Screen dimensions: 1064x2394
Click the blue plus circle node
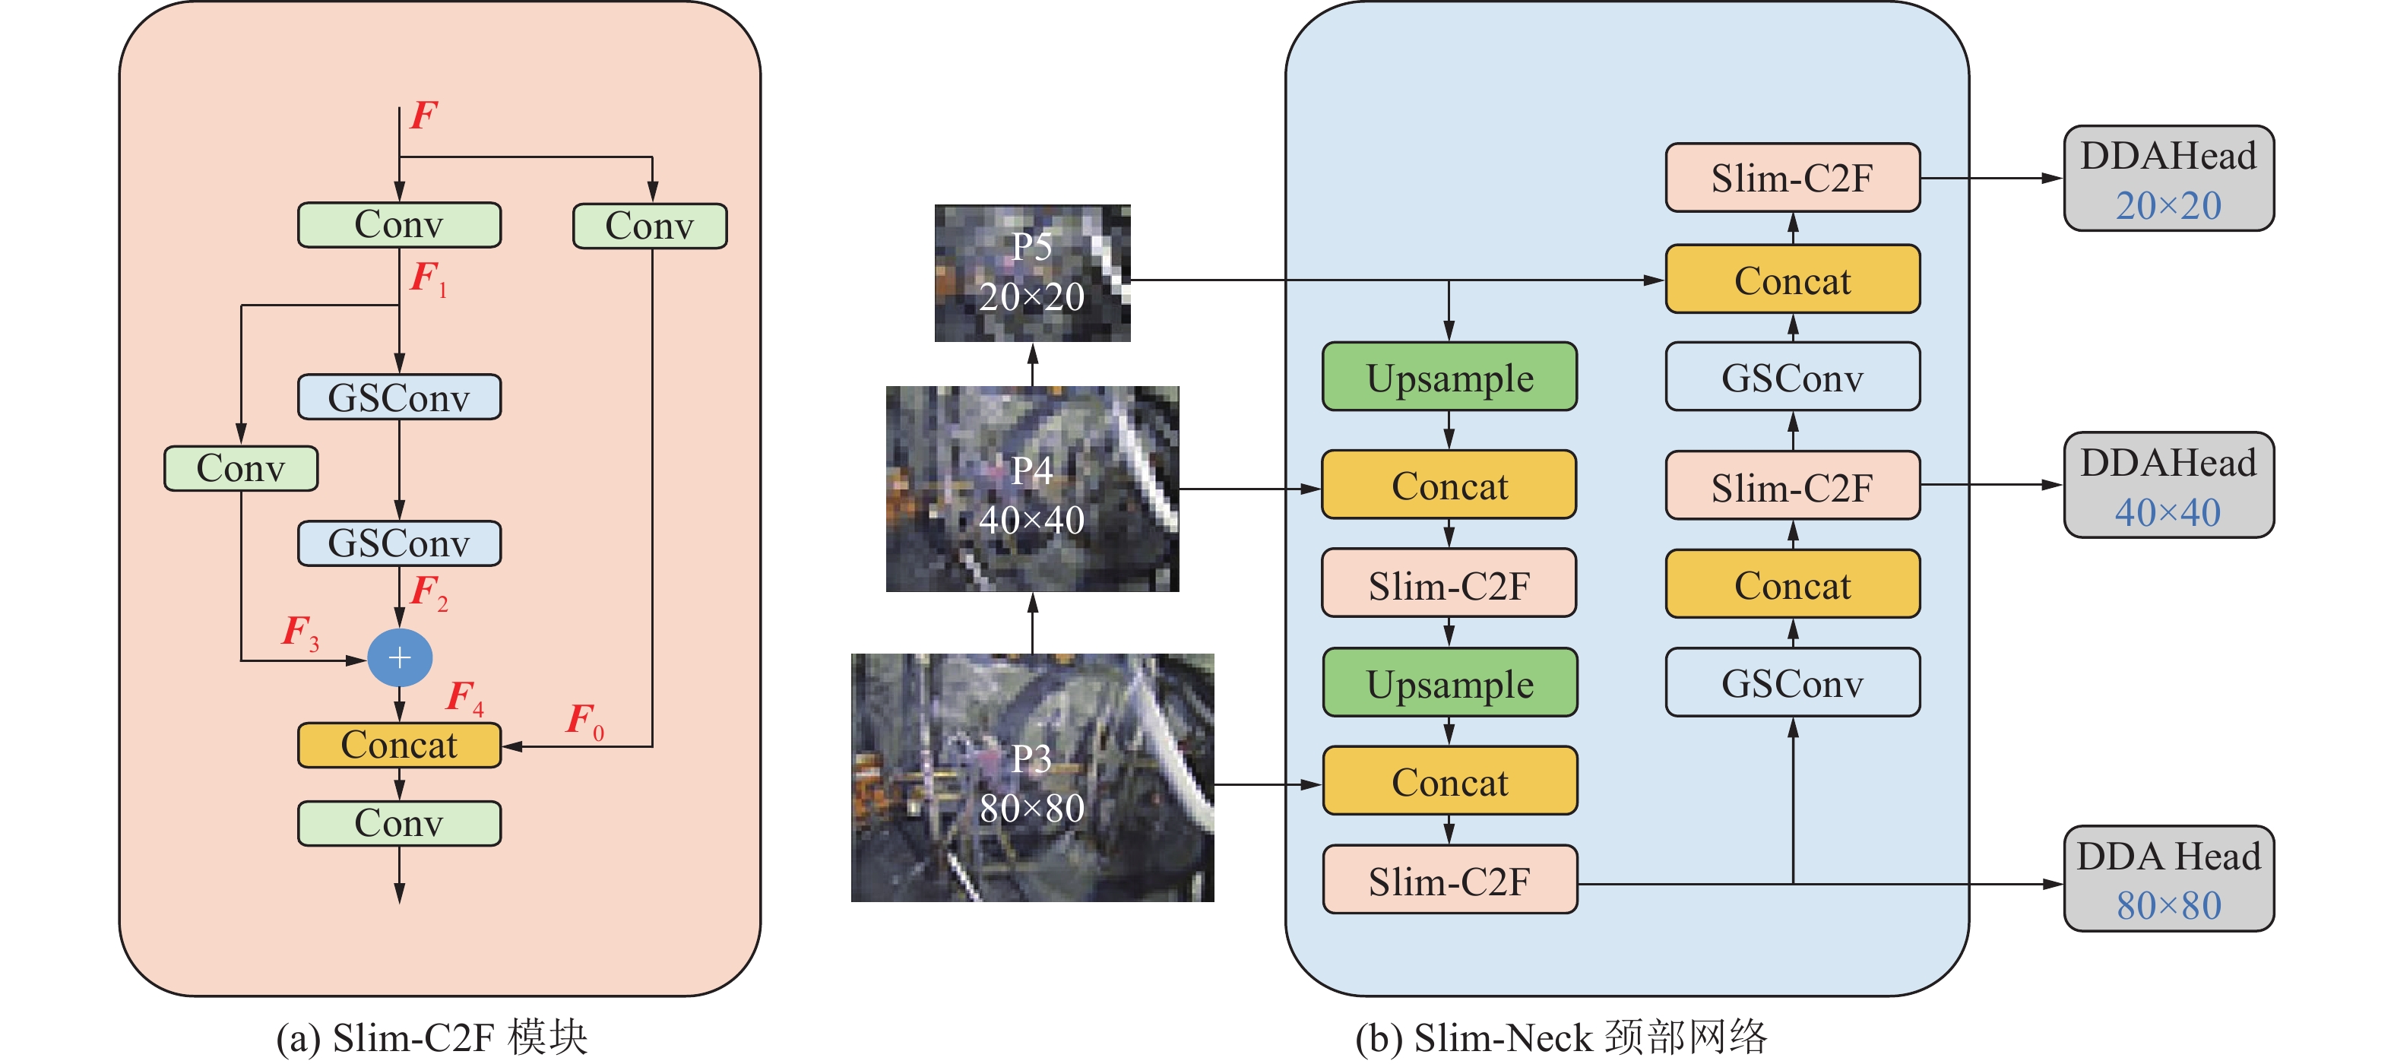point(400,658)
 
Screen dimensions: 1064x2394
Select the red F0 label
point(584,720)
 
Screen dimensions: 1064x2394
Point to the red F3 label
point(300,632)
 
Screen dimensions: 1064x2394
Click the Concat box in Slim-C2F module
point(400,746)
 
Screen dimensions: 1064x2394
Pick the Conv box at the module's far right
point(650,226)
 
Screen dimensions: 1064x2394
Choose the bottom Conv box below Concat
point(400,823)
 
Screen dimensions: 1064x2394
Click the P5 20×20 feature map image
point(1033,273)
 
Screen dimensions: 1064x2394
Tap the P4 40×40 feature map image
point(1033,489)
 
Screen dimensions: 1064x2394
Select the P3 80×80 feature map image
point(1033,777)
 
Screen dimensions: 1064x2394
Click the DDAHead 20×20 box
point(2168,179)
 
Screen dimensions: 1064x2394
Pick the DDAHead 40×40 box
point(2168,485)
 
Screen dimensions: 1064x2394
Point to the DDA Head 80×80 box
point(2168,879)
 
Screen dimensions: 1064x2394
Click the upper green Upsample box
point(1450,377)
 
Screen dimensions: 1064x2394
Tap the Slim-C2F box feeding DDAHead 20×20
point(1792,179)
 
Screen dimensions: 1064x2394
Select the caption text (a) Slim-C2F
point(432,1037)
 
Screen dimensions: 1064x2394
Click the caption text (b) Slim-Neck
point(1561,1037)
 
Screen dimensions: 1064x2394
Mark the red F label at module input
point(424,116)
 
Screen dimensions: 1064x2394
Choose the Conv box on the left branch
point(241,468)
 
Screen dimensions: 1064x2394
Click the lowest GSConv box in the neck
point(1792,683)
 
